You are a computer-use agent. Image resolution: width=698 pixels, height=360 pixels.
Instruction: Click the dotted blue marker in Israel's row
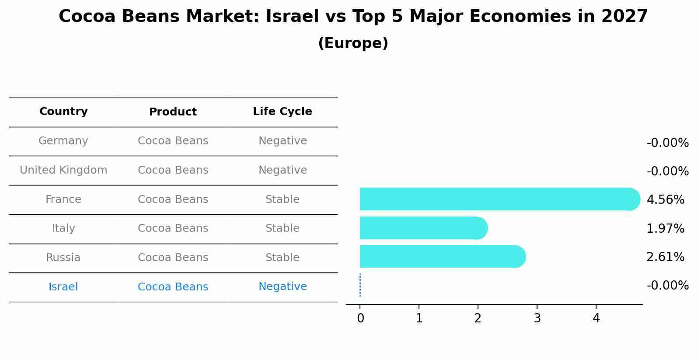coord(360,285)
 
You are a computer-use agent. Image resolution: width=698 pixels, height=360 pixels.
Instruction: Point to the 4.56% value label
coord(665,200)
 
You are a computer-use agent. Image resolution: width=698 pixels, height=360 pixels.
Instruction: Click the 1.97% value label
coord(665,228)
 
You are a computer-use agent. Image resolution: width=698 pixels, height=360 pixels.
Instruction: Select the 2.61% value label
coord(665,257)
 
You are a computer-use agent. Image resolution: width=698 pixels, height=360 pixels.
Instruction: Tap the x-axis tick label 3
coord(537,318)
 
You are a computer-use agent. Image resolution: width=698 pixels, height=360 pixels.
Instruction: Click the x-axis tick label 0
coord(360,318)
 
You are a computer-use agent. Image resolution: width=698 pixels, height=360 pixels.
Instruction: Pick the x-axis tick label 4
coord(596,318)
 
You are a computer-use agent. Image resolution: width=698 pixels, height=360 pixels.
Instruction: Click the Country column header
coord(63,112)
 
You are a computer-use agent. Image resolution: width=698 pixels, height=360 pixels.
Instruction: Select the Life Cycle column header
coord(283,112)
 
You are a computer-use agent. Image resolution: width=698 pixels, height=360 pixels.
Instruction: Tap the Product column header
coord(173,112)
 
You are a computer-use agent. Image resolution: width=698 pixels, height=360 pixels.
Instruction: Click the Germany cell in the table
coord(63,141)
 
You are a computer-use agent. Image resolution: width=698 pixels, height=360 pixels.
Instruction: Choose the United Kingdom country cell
coord(63,170)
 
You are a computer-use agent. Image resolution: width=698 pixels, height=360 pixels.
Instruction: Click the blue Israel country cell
coord(63,287)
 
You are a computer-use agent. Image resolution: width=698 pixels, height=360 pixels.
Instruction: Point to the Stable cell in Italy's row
coord(283,228)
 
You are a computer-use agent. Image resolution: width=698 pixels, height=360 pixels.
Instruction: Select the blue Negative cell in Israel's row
coord(283,287)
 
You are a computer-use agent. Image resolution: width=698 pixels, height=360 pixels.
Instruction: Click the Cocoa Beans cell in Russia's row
coord(173,258)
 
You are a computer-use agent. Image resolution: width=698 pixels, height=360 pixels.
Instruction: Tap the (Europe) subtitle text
coord(353,43)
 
